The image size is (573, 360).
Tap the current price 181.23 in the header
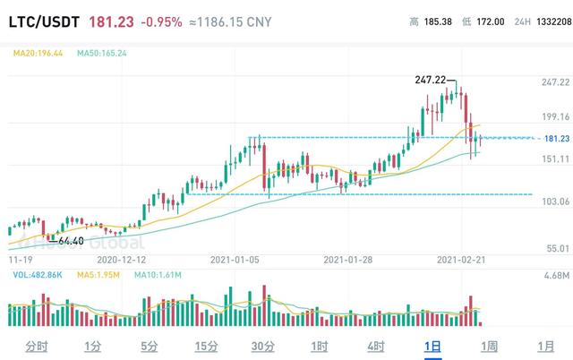click(112, 21)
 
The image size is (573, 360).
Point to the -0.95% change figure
click(161, 21)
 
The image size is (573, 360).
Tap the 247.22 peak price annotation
click(431, 80)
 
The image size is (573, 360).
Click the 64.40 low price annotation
click(71, 241)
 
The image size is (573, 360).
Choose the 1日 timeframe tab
click(433, 346)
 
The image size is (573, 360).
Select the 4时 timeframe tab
click(376, 346)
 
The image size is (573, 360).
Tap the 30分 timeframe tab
click(262, 346)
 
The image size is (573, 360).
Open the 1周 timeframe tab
click(489, 346)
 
